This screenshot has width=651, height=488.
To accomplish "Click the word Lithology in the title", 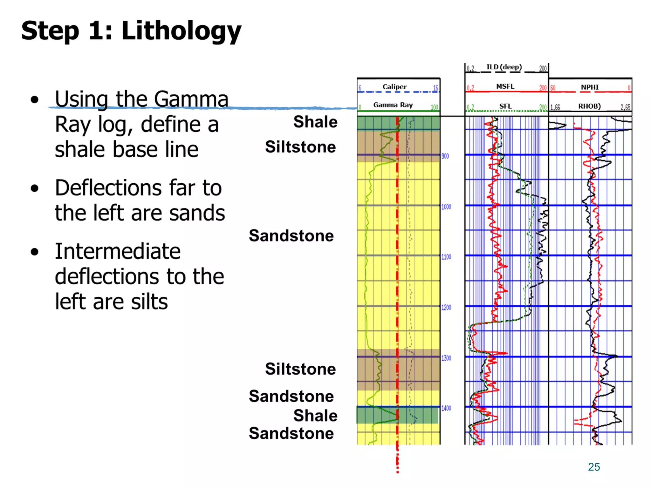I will (181, 31).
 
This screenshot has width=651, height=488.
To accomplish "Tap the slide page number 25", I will (594, 467).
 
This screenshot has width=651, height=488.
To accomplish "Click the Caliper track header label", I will (394, 87).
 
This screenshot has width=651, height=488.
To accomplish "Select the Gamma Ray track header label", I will (393, 105).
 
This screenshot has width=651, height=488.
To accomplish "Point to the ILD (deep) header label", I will (504, 67).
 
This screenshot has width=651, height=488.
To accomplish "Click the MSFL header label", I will (505, 86).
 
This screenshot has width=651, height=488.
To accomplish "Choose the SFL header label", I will (505, 106).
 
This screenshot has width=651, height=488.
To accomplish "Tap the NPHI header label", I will (590, 87).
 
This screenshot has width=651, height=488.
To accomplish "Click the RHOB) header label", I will (589, 106).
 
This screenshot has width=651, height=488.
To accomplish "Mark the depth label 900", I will (445, 156).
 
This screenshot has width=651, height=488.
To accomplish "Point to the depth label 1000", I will (446, 207).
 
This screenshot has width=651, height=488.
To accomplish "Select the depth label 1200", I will (446, 308).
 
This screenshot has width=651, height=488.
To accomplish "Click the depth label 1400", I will (446, 408).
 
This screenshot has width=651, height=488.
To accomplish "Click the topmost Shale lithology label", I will (315, 122).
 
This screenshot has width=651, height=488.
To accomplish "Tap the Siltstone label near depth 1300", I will (300, 369).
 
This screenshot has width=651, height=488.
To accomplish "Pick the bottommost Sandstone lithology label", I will (291, 433).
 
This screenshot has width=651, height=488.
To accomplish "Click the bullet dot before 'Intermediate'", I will (35, 252).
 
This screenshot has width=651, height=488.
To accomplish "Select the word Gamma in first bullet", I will (191, 99).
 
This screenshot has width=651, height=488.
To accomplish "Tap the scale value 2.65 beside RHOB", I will (625, 107).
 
